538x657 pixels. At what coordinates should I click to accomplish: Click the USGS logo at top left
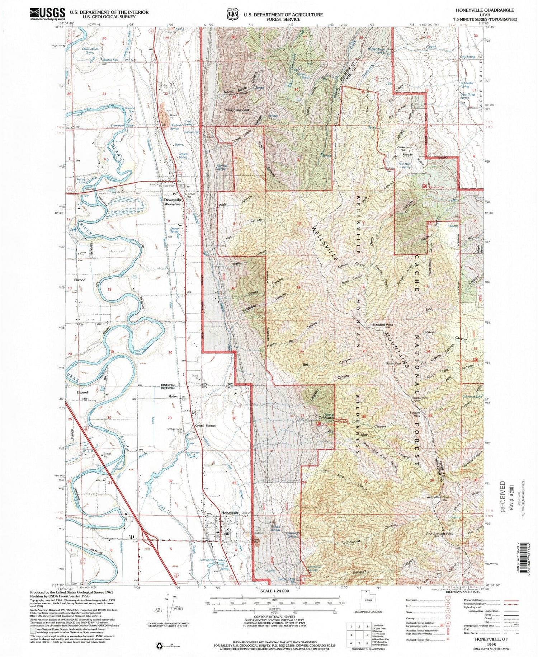click(x=47, y=14)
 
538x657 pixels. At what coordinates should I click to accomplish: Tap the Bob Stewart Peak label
click(x=439, y=534)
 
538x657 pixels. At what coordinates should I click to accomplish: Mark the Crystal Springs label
click(x=205, y=426)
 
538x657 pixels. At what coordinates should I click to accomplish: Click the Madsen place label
click(x=173, y=396)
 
